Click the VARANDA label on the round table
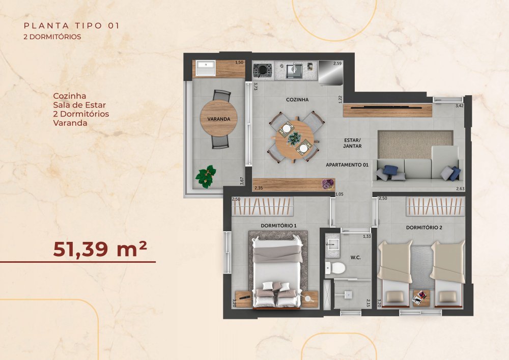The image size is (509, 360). (x=219, y=119)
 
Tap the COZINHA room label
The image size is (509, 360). (x=297, y=100)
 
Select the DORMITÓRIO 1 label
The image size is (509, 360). (x=278, y=226)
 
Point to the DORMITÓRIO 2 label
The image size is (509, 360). (x=424, y=228)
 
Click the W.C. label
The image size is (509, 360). (x=355, y=258)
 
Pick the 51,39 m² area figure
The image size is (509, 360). (x=100, y=249)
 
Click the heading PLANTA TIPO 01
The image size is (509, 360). (x=72, y=25)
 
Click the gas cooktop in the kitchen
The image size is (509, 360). (x=262, y=70)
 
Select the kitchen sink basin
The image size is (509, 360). (x=294, y=71)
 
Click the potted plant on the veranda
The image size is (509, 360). (x=206, y=176)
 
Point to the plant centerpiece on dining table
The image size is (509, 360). (x=294, y=139)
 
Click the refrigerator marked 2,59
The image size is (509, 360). (x=330, y=72)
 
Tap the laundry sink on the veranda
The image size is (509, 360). (x=205, y=68)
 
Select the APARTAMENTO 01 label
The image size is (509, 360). (x=347, y=165)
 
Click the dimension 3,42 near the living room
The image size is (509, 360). (x=460, y=105)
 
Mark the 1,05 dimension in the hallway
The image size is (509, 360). (x=339, y=194)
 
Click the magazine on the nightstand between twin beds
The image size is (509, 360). (x=419, y=297)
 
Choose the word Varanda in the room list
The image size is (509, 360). (x=70, y=123)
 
